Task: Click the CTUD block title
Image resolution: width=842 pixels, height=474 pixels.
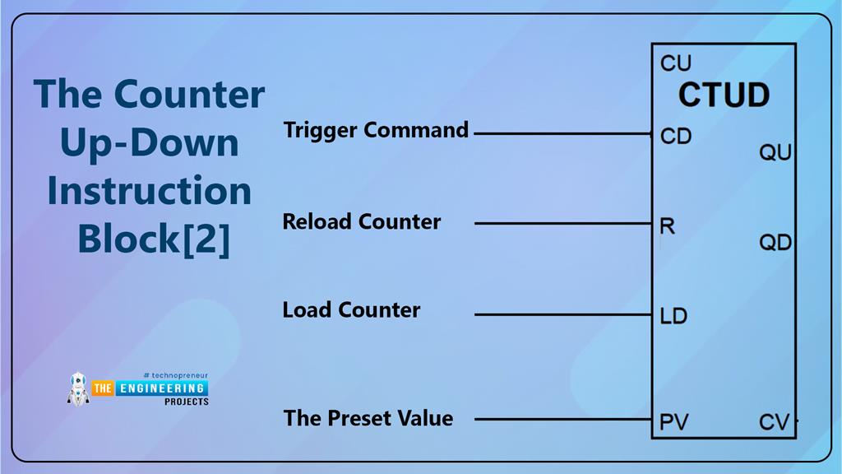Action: (x=724, y=95)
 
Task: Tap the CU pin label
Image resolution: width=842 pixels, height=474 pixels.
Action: (x=676, y=63)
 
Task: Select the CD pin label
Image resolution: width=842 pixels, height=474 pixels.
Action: (x=676, y=136)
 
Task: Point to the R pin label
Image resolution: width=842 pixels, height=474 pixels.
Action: (x=667, y=225)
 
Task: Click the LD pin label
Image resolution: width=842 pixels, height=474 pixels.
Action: (x=673, y=315)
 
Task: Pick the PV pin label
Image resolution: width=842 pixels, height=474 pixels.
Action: (x=674, y=423)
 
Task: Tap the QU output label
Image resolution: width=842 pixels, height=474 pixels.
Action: (x=775, y=153)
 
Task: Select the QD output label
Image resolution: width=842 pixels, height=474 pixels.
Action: (x=775, y=242)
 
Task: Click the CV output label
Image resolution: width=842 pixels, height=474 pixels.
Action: (x=774, y=423)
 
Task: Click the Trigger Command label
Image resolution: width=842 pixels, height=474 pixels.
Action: (x=376, y=130)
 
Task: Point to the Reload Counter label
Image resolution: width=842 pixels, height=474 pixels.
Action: (x=362, y=221)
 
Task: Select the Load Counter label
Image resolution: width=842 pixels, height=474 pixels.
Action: (x=351, y=310)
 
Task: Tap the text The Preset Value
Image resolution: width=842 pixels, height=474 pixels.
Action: (x=368, y=418)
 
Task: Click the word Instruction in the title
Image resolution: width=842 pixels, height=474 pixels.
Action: (x=150, y=191)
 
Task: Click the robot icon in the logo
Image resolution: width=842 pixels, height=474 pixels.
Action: (x=78, y=388)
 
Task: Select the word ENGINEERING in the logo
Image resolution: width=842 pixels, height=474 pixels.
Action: (x=161, y=388)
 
